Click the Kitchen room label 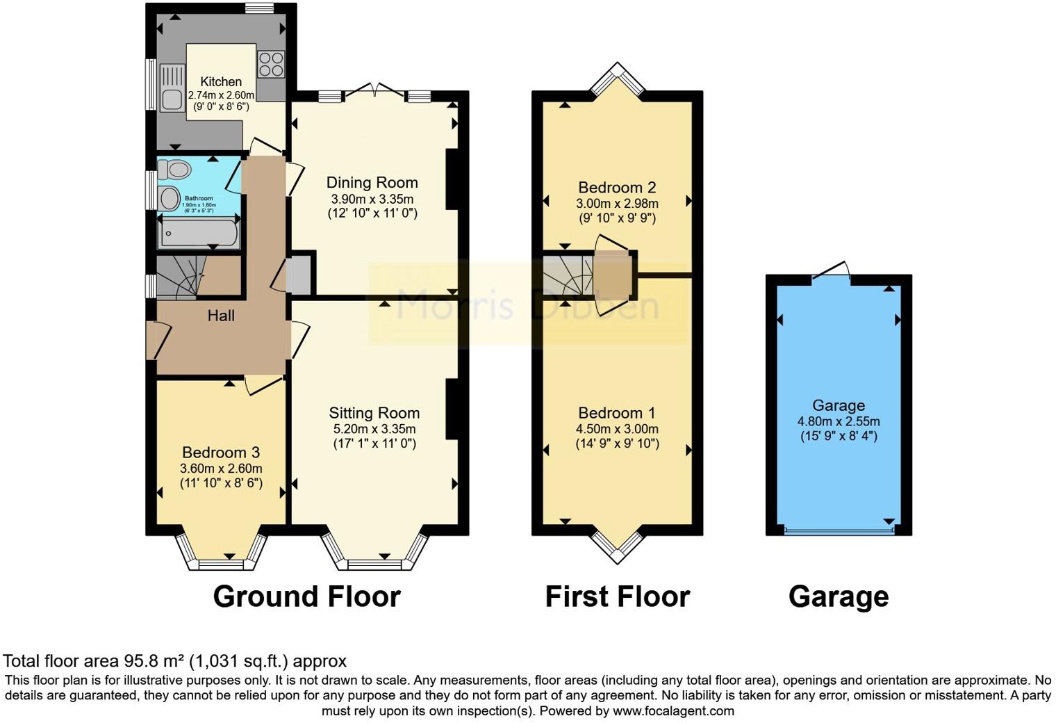(221, 81)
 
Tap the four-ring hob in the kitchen (271, 64)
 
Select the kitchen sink (172, 88)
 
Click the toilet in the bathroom (175, 169)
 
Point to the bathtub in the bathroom (199, 234)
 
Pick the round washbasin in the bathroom (170, 198)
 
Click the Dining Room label (372, 183)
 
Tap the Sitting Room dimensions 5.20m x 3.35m (374, 429)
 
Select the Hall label (221, 316)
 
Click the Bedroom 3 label (221, 453)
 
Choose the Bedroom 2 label (617, 188)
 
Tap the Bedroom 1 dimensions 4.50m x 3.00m (617, 429)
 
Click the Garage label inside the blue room (839, 405)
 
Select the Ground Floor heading (306, 596)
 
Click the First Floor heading (617, 596)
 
